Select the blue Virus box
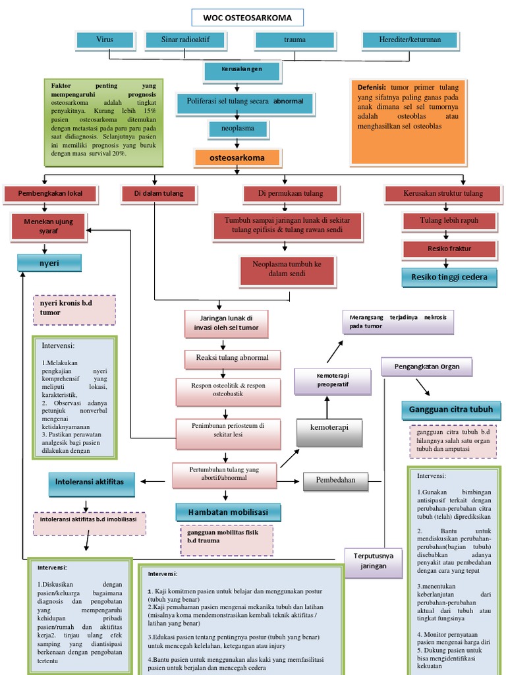coord(104,40)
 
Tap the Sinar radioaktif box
coord(185,40)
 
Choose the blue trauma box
coord(295,40)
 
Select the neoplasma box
coord(237,129)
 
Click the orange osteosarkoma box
coord(237,158)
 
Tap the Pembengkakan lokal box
coord(50,194)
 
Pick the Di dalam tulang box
coord(158,194)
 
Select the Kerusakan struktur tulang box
coord(443,194)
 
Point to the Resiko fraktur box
coord(449,249)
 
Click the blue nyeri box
coord(49,263)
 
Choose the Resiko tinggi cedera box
coord(449,278)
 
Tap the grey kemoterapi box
coord(330,427)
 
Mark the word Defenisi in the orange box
coord(372,87)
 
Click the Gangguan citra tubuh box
coord(451,410)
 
